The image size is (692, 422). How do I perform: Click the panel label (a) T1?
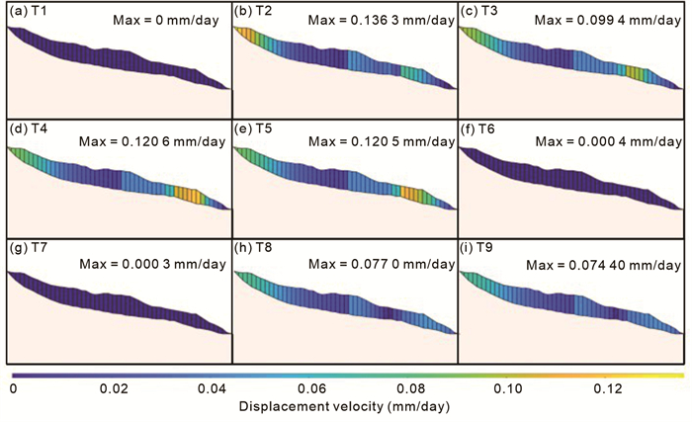(27, 11)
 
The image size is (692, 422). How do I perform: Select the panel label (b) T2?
(253, 11)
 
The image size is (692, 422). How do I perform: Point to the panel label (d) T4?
(27, 127)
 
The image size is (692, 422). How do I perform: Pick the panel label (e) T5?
(253, 127)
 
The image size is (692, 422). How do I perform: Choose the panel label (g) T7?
(27, 244)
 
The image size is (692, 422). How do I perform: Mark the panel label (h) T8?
(253, 244)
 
